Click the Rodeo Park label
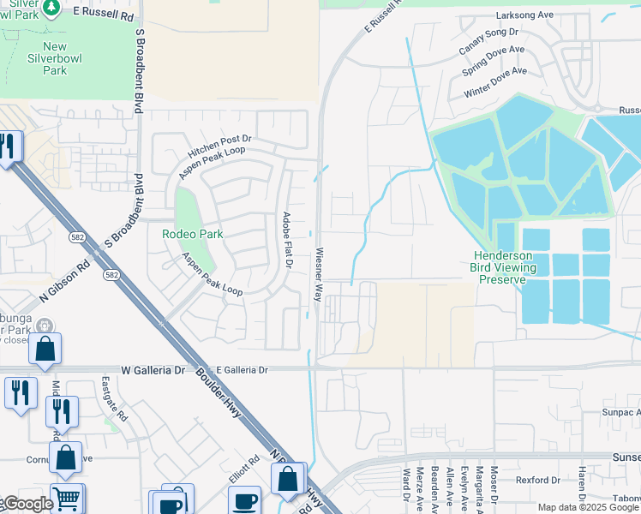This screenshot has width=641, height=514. [x=193, y=234]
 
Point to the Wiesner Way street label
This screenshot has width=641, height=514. [x=318, y=274]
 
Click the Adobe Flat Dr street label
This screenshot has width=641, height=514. [x=288, y=241]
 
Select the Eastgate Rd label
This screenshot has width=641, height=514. [x=113, y=398]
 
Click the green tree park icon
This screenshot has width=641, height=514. [x=51, y=8]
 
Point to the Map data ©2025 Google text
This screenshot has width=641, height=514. [x=588, y=507]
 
